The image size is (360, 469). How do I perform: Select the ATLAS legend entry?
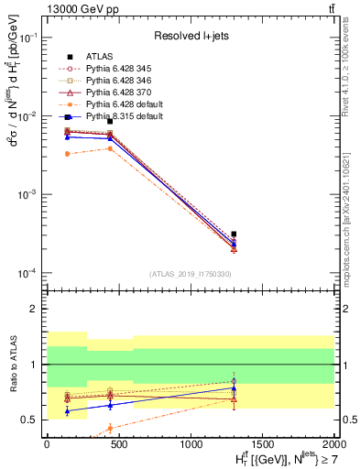point(101,56)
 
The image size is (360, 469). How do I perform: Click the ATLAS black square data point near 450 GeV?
point(110,121)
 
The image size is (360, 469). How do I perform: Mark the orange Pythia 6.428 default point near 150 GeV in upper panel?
point(67,154)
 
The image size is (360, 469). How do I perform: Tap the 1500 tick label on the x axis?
point(263,444)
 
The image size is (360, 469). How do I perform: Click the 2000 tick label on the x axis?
point(334,444)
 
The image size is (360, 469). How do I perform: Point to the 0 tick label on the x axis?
point(47,444)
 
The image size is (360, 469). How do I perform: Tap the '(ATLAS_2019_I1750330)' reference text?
point(191,274)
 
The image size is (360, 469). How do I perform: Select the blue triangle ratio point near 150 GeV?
point(67,411)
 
